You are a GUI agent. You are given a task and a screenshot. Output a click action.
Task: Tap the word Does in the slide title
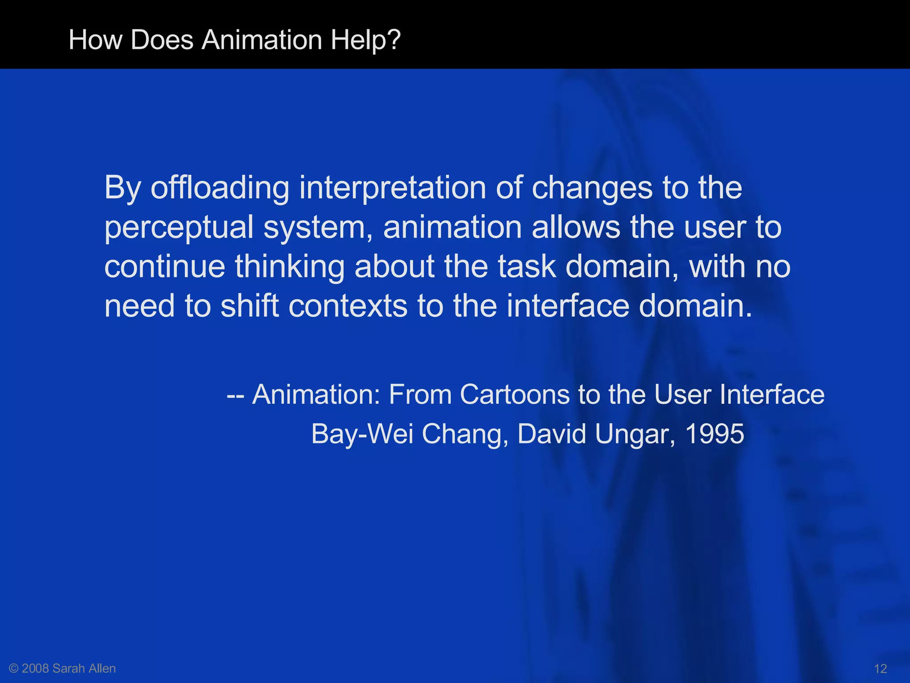162,40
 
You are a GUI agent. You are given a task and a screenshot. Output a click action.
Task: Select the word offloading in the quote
220,188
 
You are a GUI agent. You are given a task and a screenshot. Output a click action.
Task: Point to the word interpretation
393,188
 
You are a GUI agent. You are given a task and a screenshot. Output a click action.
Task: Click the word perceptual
179,228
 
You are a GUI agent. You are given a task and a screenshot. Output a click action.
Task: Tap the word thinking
290,267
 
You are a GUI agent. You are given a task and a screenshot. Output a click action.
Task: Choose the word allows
576,228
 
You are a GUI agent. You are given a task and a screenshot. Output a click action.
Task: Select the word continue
165,267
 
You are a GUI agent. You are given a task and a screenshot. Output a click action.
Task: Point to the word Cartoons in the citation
515,394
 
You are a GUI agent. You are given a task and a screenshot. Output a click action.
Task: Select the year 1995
714,434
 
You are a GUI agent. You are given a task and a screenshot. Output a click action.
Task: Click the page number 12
880,668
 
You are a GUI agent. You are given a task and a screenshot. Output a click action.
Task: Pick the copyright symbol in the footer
14,668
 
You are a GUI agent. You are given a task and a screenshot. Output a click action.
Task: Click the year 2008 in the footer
36,668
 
